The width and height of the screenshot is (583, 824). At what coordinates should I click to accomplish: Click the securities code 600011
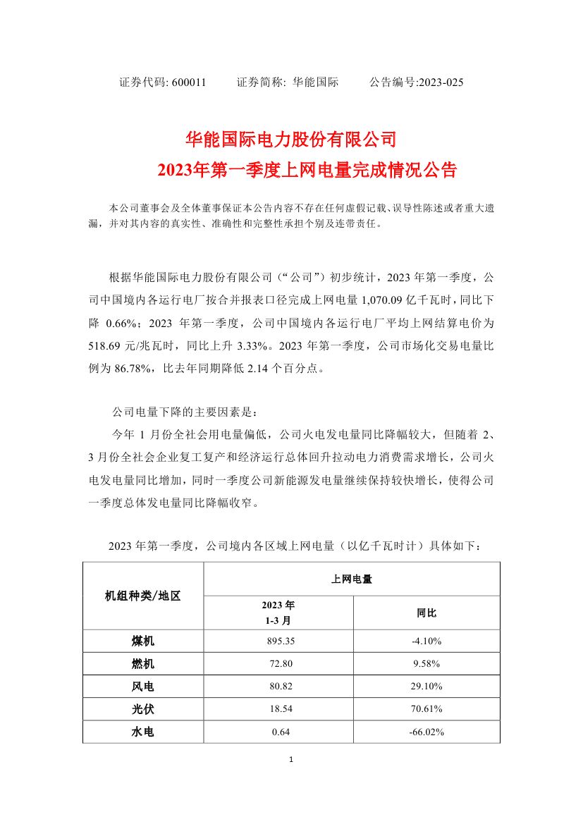(189, 82)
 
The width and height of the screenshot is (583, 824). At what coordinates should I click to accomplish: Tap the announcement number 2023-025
(441, 82)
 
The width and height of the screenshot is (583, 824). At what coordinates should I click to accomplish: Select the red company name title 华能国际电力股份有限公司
(291, 138)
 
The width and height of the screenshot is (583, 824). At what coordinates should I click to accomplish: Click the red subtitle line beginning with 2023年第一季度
(307, 170)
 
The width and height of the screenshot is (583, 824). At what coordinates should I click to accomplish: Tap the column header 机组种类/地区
(143, 596)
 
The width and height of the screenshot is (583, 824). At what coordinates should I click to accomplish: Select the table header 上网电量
(352, 579)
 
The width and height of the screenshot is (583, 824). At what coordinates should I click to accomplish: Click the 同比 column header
(426, 613)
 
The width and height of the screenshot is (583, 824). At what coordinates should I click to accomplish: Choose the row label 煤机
(143, 641)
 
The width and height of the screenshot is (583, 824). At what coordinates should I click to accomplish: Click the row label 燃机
(143, 664)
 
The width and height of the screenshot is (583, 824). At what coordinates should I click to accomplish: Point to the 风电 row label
(143, 687)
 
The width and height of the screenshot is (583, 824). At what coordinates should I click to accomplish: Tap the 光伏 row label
(143, 709)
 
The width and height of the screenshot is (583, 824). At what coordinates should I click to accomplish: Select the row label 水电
(143, 732)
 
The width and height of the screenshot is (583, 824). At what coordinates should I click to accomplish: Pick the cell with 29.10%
(426, 687)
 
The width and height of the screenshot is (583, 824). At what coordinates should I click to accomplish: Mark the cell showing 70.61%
(426, 709)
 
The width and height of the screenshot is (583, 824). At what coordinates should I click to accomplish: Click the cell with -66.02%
(426, 732)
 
